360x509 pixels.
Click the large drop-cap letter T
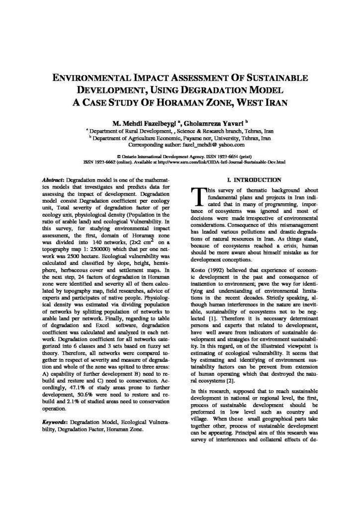[x=197, y=195]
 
